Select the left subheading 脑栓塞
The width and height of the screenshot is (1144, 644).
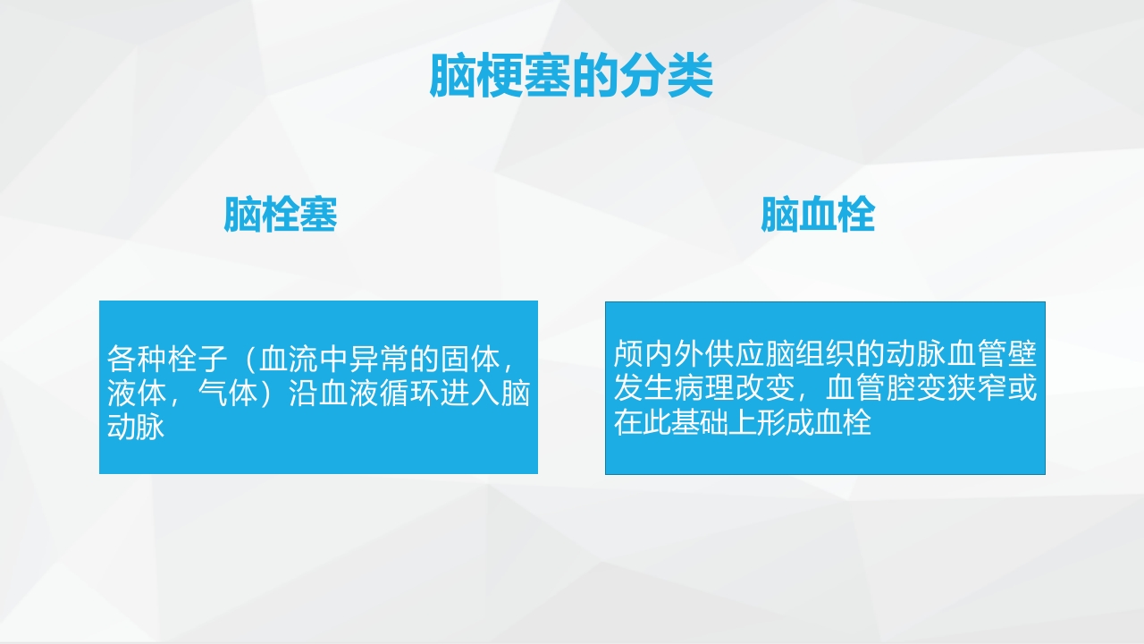point(280,216)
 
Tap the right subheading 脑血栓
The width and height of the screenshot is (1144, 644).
point(818,216)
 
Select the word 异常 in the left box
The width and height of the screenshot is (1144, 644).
point(379,360)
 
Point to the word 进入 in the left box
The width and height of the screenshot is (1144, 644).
point(470,394)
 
